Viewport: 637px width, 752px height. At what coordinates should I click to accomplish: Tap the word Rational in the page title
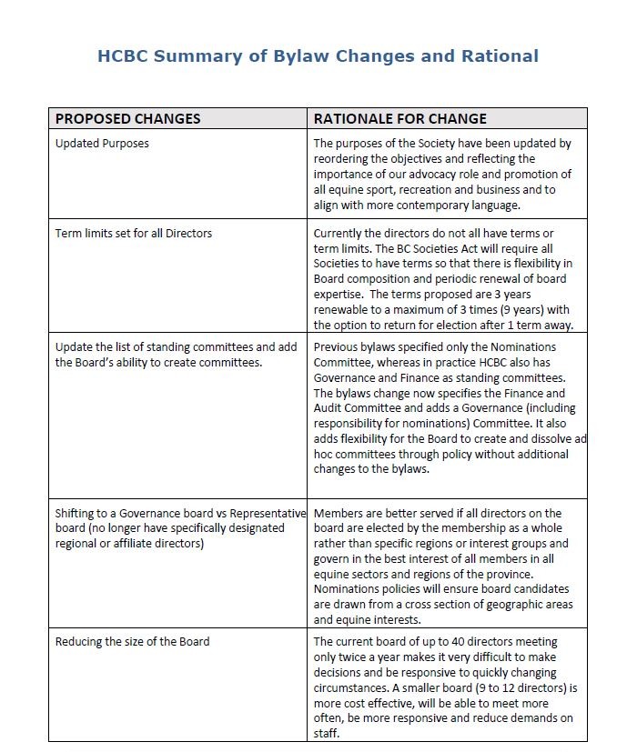498,55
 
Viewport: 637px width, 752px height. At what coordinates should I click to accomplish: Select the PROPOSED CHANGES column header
127,118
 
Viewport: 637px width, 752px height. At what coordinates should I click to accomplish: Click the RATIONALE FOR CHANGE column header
399,118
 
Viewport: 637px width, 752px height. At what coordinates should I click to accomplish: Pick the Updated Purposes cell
102,144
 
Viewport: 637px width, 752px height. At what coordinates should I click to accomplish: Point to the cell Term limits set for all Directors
133,234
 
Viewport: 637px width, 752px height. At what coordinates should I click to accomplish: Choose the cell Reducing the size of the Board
132,642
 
